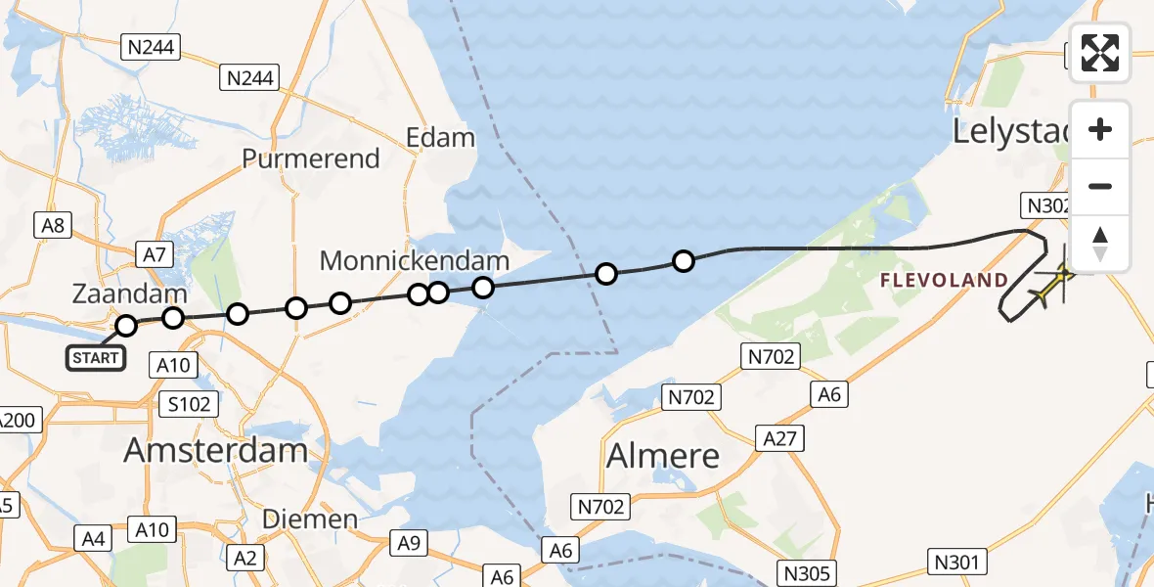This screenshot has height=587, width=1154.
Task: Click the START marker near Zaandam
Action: (95, 358)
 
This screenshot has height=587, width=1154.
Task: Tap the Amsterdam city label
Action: (215, 451)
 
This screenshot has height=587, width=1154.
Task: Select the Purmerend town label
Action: (310, 158)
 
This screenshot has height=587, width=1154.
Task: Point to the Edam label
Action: (440, 138)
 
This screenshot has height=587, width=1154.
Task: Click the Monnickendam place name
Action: (415, 261)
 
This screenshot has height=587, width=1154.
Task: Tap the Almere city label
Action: (663, 456)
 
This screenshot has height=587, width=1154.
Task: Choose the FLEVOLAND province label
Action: (944, 281)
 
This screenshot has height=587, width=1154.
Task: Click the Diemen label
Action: (310, 519)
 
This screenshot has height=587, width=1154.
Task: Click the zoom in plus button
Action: (1100, 129)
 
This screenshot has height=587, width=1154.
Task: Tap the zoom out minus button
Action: (1100, 187)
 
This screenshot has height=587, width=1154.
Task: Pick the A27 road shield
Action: (779, 438)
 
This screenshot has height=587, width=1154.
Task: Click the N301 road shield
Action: (954, 561)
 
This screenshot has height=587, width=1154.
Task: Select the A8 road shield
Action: (52, 226)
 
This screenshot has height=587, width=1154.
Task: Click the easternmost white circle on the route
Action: (684, 261)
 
